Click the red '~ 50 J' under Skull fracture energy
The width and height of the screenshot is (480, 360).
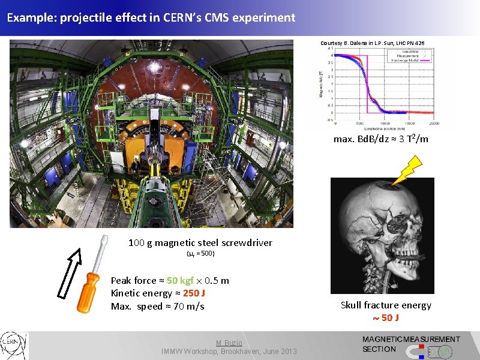[386, 318]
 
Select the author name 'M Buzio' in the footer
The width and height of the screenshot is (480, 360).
[229, 342]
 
